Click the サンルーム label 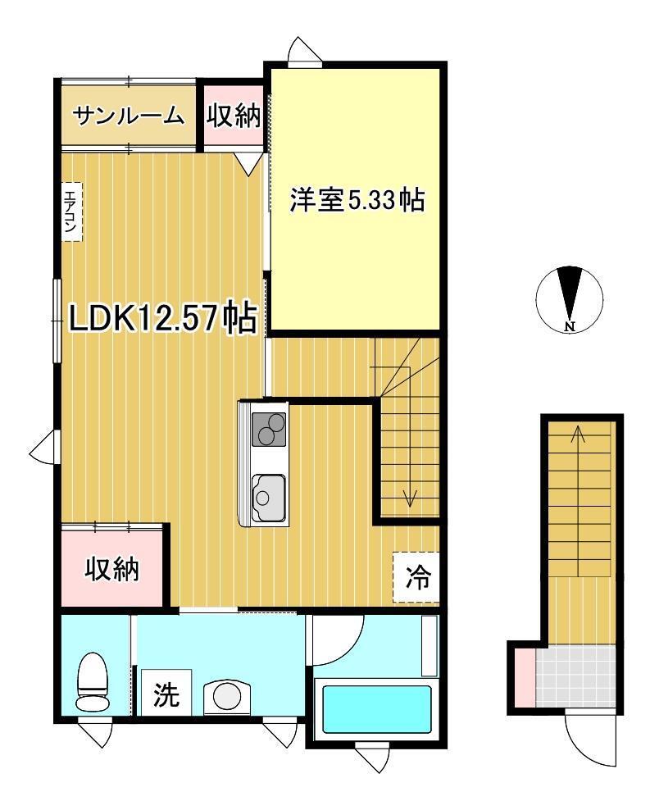[128, 116]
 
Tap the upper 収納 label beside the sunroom [234, 116]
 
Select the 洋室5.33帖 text [357, 199]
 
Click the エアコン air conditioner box [71, 212]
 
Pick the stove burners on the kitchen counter [269, 430]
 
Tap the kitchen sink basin [269, 498]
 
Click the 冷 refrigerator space [416, 577]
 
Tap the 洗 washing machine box [166, 693]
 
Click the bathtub [377, 708]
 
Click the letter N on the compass [570, 326]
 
